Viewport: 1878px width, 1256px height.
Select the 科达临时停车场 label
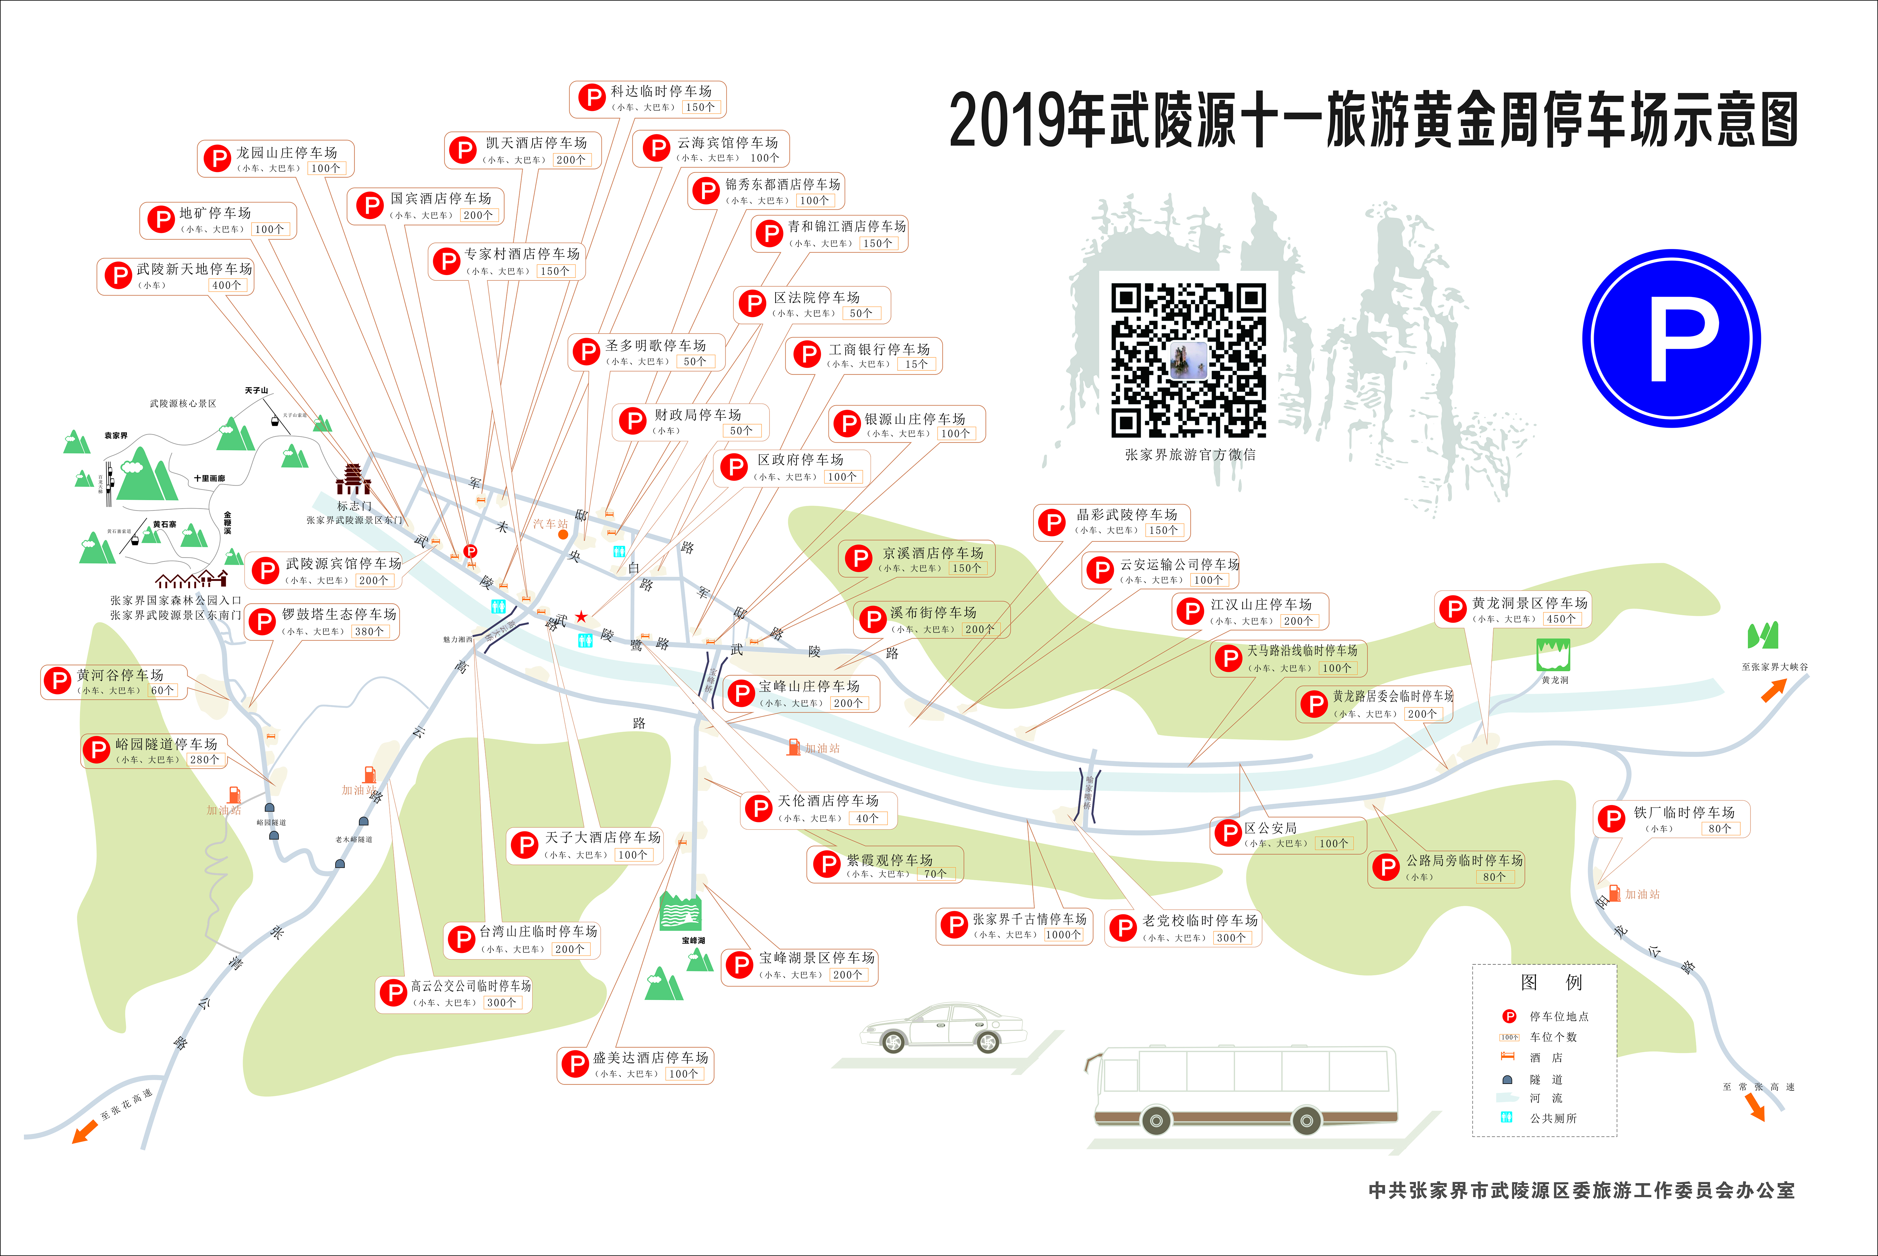point(661,91)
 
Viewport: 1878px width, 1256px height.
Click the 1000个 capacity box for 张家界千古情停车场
point(1064,935)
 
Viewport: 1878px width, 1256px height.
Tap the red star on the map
point(581,616)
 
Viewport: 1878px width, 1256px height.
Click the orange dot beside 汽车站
point(563,534)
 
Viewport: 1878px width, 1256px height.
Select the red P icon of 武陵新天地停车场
point(118,276)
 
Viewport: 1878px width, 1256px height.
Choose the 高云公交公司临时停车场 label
point(471,986)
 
